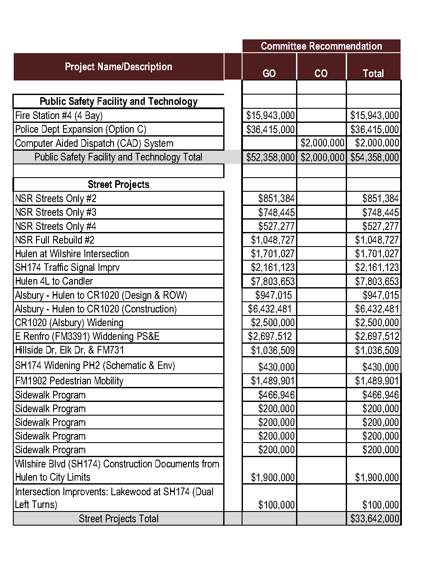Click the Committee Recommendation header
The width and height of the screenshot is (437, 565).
[321, 46]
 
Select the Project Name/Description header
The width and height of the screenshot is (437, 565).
[118, 67]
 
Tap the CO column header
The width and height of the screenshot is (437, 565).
[321, 73]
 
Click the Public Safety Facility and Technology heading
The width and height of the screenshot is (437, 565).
[118, 101]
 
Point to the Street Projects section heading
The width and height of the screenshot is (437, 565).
[118, 184]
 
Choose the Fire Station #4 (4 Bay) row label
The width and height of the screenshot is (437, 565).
[59, 116]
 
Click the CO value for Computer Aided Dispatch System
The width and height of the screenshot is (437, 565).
[322, 143]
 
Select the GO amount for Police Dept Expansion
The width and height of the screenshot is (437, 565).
[270, 129]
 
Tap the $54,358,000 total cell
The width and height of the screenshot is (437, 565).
[374, 157]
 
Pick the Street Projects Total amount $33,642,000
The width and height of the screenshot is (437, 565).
[374, 518]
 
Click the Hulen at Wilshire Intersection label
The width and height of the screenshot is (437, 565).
[72, 254]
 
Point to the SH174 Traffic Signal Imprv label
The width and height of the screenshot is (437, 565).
[67, 268]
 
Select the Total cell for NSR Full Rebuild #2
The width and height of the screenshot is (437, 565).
[377, 240]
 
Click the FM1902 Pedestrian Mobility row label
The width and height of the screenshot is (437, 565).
[69, 381]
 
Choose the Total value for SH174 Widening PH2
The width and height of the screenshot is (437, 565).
[380, 367]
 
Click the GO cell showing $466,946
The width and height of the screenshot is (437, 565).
[276, 395]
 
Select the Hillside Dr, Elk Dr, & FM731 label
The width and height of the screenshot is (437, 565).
[69, 350]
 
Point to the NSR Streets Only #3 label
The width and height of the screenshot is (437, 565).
[56, 212]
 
